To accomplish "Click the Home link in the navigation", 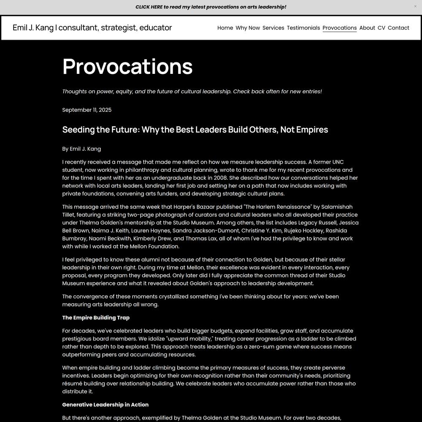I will click(225, 28).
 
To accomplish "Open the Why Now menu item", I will click(248, 28).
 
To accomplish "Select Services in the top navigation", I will click(273, 28).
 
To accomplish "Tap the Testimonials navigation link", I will click(303, 28).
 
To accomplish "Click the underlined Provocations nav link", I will click(339, 28).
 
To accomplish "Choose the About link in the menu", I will click(367, 28).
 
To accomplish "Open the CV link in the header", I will click(381, 28).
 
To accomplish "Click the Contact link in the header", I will click(398, 28).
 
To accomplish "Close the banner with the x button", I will click(415, 6).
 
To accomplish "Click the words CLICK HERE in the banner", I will click(149, 7).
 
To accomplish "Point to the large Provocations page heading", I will click(127, 66).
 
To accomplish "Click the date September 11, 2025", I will click(87, 110).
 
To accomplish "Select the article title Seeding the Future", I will click(195, 130).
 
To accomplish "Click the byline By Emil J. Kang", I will click(81, 149).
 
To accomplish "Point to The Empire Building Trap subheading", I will click(96, 318).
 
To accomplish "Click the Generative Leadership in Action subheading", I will click(105, 405).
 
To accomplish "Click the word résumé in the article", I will click(73, 384).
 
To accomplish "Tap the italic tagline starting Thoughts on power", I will click(192, 92).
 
